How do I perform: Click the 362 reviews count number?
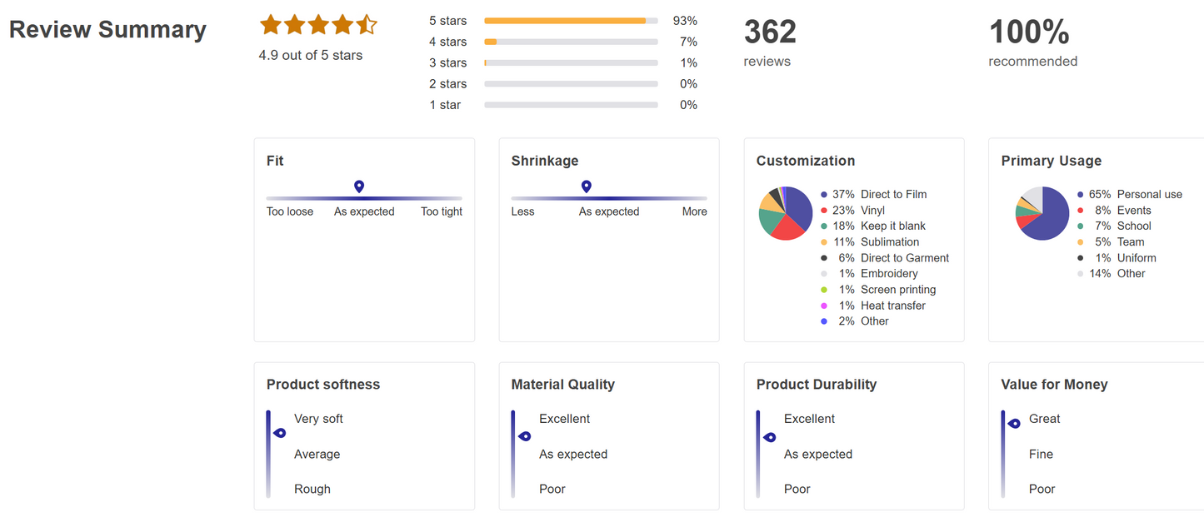coord(770,32)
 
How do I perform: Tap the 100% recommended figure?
coord(1029,32)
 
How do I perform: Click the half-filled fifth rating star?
coord(367,25)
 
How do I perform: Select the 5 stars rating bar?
coord(571,21)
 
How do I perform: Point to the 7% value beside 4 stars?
coord(688,42)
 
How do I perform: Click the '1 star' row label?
coord(445,105)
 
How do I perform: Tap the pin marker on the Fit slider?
coord(359,186)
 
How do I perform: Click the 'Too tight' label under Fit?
coord(442,211)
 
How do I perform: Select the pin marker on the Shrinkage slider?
coord(587,186)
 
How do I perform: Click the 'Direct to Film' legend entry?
coord(893,194)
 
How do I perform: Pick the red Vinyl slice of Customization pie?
coord(787,227)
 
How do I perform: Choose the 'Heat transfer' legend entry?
coord(893,306)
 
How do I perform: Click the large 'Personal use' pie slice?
coord(1048,218)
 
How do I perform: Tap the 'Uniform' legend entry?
coord(1137,258)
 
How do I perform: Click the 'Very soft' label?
coord(318,419)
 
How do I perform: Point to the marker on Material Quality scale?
coord(525,436)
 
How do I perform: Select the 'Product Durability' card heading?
coord(816,385)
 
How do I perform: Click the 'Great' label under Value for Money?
coord(1045,419)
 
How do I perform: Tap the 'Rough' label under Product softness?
coord(312,489)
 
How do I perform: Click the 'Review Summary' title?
coord(107,30)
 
